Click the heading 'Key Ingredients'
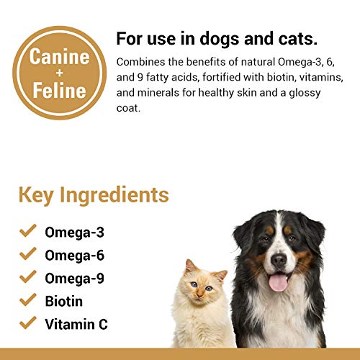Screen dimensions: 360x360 (x=94, y=195)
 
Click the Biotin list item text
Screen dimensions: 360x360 (x=64, y=301)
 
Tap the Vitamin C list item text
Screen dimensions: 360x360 (x=76, y=324)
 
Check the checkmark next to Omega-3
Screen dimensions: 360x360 (x=28, y=231)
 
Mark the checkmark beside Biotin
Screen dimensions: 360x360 (x=28, y=300)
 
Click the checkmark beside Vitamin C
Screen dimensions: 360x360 (x=28, y=323)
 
